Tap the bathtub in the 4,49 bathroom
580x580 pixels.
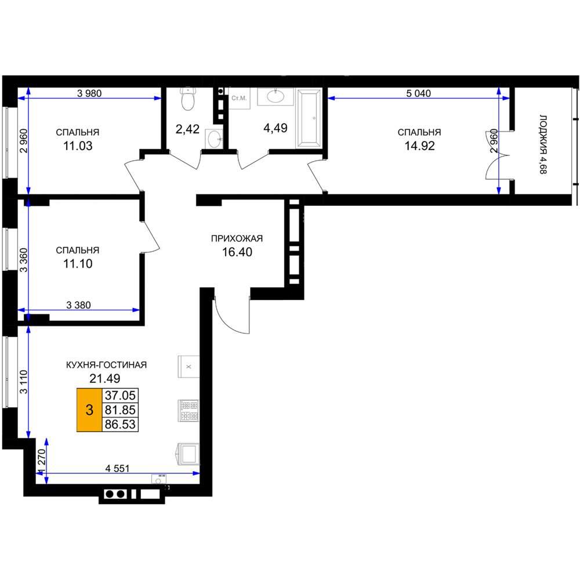point(309,118)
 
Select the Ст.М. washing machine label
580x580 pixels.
point(239,98)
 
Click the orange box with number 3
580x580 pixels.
point(89,410)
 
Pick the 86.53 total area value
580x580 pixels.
point(120,425)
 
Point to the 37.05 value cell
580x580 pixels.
point(120,396)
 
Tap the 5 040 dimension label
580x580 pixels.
point(418,93)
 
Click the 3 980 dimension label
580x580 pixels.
point(89,93)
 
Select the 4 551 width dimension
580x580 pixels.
point(117,468)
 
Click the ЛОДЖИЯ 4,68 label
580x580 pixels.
point(543,144)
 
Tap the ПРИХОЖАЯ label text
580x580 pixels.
point(237,238)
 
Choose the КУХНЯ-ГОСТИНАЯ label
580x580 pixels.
point(107,365)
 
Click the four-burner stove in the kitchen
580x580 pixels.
point(188,410)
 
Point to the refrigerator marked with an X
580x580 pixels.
point(188,367)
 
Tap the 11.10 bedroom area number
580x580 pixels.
point(78,264)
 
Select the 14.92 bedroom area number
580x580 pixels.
point(419,146)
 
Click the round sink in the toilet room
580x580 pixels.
point(214,139)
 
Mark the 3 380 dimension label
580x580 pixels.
point(78,305)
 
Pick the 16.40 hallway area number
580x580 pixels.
point(237,252)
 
